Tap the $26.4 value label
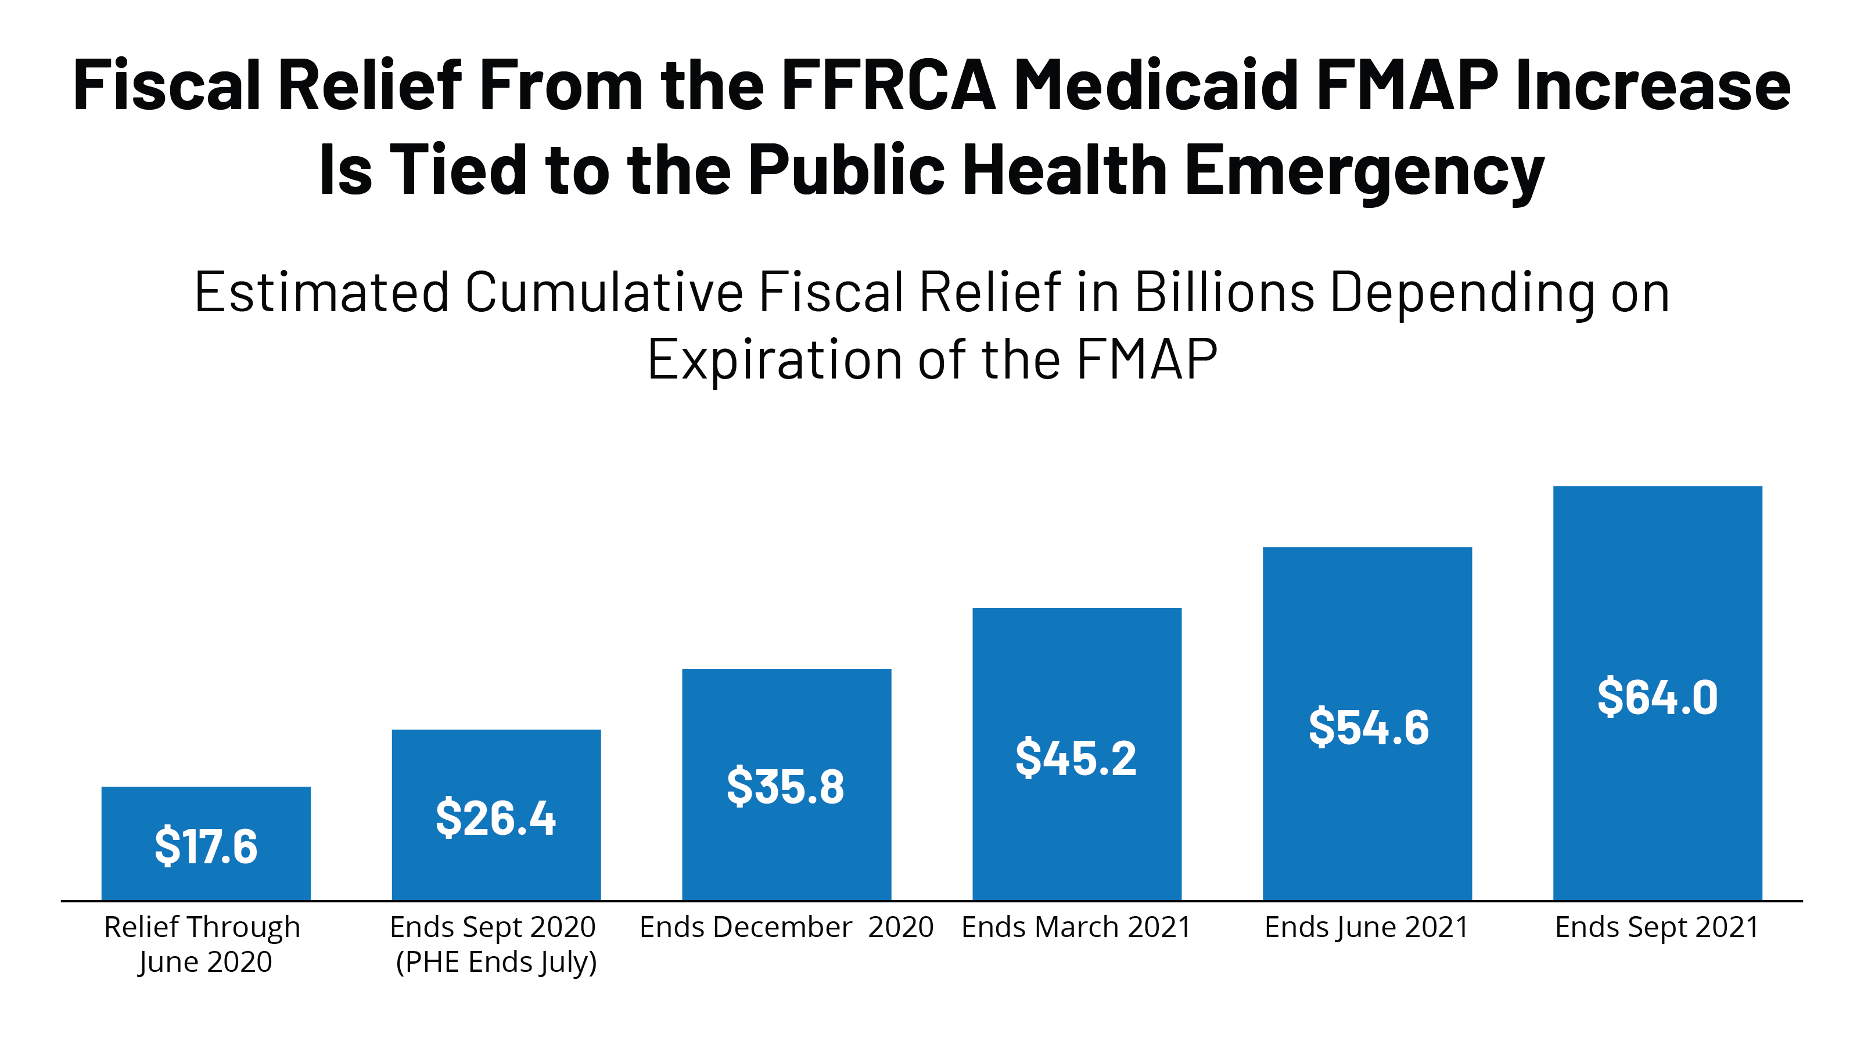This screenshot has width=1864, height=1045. (495, 818)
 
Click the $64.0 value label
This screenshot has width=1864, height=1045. (1657, 697)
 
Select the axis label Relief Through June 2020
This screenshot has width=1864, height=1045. (203, 944)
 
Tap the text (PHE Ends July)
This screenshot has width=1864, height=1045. (497, 963)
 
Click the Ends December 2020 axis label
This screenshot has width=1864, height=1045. (786, 927)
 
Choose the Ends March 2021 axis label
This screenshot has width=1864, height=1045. (1076, 927)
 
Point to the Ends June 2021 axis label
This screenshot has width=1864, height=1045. (1366, 927)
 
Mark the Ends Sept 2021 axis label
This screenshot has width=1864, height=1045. (1656, 927)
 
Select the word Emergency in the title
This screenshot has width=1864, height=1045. (1364, 171)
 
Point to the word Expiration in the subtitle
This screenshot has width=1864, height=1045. (775, 359)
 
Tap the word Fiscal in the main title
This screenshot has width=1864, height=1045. (167, 86)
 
